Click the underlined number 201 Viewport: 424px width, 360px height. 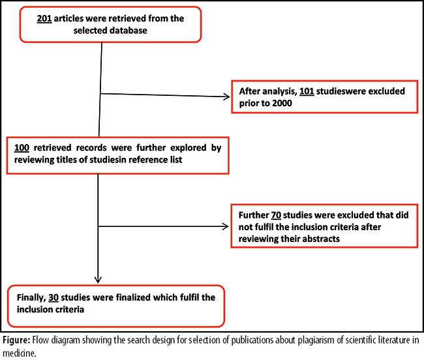click(44, 18)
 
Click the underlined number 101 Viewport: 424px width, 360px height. click(307, 91)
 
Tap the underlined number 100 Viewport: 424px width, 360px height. click(22, 147)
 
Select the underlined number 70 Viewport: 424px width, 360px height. click(276, 215)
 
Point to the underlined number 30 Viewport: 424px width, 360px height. click(53, 297)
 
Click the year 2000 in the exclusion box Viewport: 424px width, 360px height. click(282, 103)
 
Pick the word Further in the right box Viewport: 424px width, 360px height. click(254, 215)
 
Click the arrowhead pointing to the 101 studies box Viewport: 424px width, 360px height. click(227, 97)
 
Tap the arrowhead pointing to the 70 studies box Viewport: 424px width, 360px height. click(226, 226)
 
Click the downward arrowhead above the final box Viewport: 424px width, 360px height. click(98, 280)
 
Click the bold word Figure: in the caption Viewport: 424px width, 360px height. click(16, 340)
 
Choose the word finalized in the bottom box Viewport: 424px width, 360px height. click(133, 297)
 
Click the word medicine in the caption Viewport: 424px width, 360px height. click(19, 353)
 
